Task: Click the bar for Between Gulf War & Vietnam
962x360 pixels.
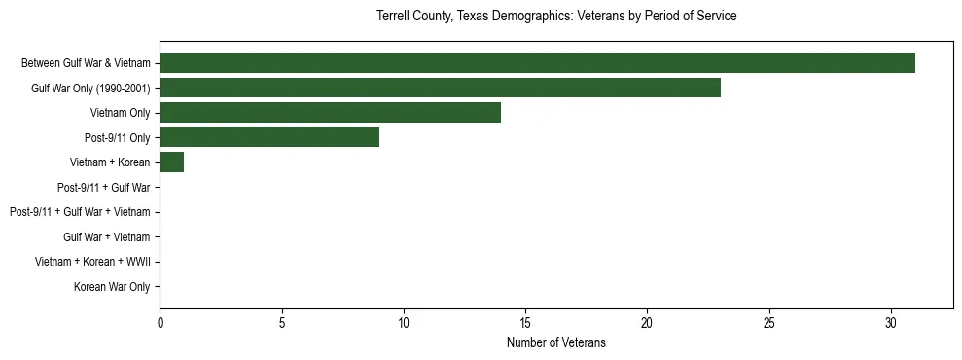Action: tap(537, 63)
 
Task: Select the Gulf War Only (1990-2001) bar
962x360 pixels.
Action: tap(440, 89)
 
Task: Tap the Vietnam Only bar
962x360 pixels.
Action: tap(330, 113)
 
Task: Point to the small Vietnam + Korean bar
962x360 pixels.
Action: tap(172, 162)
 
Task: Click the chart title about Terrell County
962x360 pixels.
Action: tap(556, 17)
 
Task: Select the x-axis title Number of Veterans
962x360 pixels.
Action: tap(556, 342)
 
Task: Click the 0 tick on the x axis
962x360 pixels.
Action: tap(160, 322)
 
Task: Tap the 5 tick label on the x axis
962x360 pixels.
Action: tap(282, 322)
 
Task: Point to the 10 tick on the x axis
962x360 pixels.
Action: tap(404, 322)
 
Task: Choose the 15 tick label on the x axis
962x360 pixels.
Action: tap(525, 322)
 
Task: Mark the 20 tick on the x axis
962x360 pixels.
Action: tap(647, 322)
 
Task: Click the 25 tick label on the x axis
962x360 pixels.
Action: tap(769, 322)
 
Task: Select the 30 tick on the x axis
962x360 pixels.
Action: tap(891, 322)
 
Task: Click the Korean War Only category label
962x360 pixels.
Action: tap(112, 287)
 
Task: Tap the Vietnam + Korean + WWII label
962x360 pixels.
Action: tap(92, 262)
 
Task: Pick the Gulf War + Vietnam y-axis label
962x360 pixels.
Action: tap(106, 237)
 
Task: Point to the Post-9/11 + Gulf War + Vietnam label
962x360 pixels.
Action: tap(80, 212)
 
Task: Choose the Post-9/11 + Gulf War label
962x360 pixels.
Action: tap(103, 188)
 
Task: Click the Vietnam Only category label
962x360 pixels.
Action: tap(120, 113)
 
